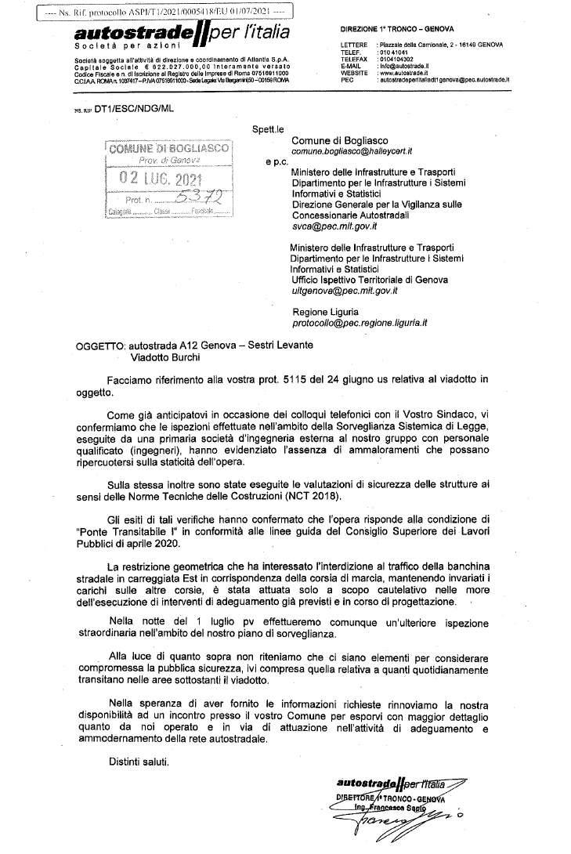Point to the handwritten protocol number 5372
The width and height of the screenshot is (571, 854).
[191, 198]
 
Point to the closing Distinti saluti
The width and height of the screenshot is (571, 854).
[138, 762]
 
